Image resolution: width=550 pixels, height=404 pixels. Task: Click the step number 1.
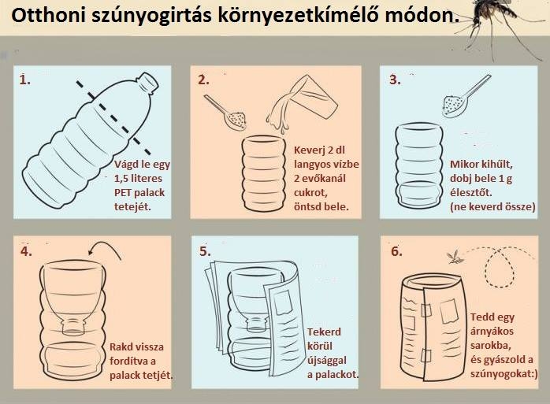[24, 80]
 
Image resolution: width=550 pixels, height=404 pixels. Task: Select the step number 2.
[203, 80]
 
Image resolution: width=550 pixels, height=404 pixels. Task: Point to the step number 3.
[395, 80]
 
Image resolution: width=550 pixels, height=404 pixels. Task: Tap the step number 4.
[26, 251]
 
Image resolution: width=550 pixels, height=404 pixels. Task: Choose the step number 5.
[205, 251]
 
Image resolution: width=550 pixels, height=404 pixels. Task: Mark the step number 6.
[396, 251]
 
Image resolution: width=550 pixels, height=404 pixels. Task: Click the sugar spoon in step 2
[228, 113]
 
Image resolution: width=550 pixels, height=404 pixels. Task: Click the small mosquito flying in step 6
[455, 258]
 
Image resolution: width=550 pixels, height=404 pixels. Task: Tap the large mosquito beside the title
[498, 24]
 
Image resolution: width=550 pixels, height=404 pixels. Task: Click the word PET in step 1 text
[123, 193]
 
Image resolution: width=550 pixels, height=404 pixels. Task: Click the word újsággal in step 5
[327, 361]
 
